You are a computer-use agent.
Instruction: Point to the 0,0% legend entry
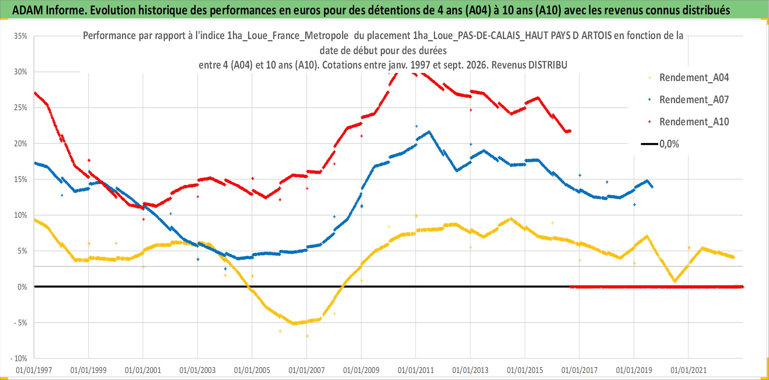(x=660, y=144)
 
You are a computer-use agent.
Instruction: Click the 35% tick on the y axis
(x=21, y=36)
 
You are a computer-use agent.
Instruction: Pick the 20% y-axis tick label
(x=21, y=144)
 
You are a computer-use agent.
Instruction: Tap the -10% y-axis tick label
(x=19, y=359)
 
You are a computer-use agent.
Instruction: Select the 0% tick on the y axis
(x=22, y=287)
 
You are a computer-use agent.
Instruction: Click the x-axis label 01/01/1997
(x=34, y=370)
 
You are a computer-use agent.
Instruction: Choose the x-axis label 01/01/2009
(x=361, y=370)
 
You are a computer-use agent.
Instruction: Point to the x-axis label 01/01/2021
(x=689, y=370)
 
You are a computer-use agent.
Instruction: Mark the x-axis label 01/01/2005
(x=252, y=370)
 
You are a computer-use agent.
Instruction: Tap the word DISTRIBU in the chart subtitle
(x=548, y=65)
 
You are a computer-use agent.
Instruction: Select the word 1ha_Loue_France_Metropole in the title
(x=288, y=36)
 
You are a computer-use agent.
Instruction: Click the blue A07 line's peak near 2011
(x=429, y=132)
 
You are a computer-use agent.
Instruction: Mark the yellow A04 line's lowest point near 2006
(x=294, y=324)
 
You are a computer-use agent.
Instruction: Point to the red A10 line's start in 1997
(x=35, y=93)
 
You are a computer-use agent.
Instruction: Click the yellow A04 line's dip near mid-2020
(x=675, y=281)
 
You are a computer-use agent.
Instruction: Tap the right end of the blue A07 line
(x=653, y=187)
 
